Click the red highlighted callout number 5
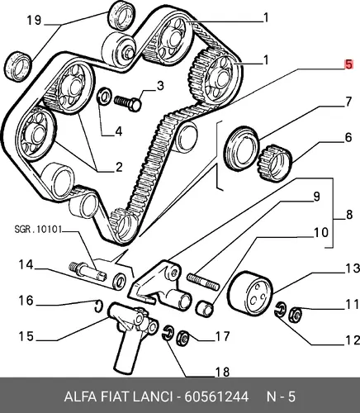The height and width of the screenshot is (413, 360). [348, 65]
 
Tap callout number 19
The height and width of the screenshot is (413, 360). [34, 20]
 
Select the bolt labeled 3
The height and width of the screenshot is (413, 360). [128, 102]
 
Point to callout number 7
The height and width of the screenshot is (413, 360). [348, 102]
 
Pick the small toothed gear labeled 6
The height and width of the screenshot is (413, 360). [274, 163]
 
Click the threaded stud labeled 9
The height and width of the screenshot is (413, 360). [203, 281]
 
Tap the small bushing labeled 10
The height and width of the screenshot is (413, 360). [204, 308]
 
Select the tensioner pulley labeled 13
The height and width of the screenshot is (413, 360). [250, 293]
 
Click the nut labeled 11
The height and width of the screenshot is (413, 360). [295, 314]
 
